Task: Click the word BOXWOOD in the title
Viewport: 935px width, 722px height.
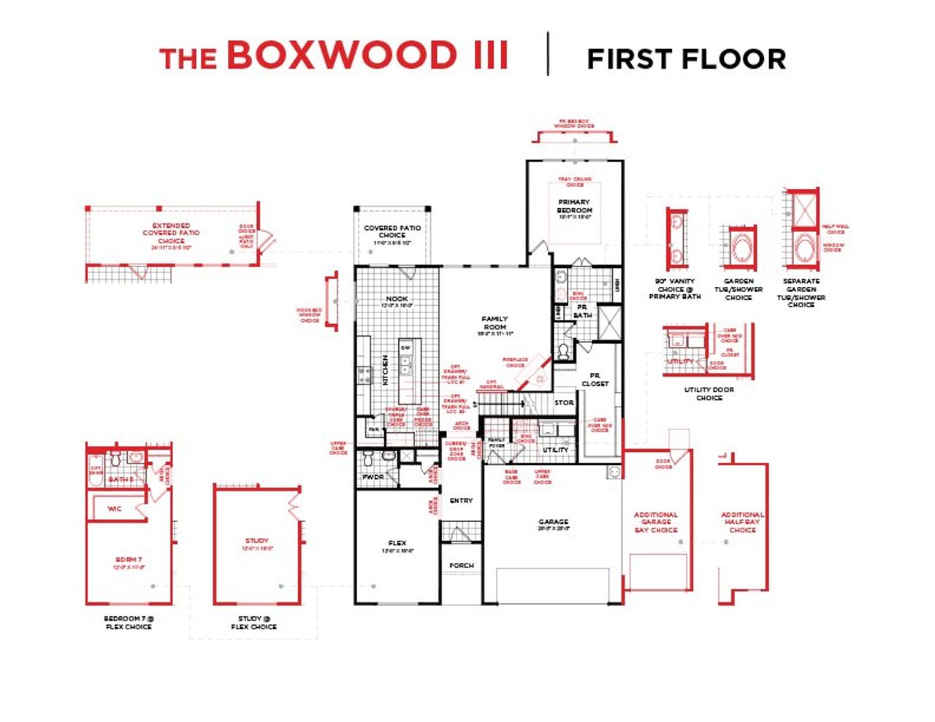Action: click(x=340, y=56)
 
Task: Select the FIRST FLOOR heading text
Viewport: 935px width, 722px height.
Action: click(x=686, y=59)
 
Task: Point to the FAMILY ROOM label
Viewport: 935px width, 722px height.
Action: click(x=495, y=323)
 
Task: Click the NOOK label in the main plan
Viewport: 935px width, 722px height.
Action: click(x=397, y=299)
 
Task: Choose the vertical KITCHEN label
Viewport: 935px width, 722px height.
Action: click(x=386, y=369)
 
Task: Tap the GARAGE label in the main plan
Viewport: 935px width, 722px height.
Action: click(x=553, y=522)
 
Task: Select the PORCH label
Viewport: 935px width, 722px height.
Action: click(x=461, y=565)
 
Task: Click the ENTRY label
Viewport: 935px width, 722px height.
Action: click(x=461, y=501)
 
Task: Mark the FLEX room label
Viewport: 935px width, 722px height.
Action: click(x=397, y=543)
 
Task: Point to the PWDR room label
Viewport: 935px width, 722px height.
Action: click(x=373, y=477)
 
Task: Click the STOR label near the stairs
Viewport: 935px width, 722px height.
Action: click(x=564, y=403)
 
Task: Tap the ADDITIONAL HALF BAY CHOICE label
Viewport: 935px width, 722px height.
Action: click(x=742, y=522)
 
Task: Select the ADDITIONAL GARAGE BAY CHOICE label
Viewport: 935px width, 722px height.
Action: click(x=655, y=522)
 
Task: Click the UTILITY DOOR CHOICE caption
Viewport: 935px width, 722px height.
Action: click(x=709, y=393)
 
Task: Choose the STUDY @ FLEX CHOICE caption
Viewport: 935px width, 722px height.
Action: click(x=253, y=622)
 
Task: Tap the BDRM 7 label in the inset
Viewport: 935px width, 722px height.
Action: click(x=129, y=559)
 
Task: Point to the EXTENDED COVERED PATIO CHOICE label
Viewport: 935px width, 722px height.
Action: click(x=171, y=233)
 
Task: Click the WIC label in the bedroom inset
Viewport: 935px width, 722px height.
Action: click(x=114, y=509)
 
